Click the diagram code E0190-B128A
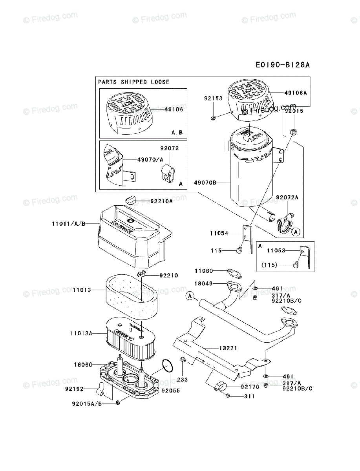[282, 65]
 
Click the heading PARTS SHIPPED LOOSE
[134, 82]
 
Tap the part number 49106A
[296, 93]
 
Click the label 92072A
[287, 197]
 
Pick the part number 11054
[219, 233]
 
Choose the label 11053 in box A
[276, 250]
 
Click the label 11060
[204, 270]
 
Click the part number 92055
[170, 391]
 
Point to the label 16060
[82, 365]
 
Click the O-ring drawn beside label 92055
[168, 367]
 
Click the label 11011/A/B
[68, 224]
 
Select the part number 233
[183, 380]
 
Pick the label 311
[249, 396]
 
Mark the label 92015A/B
[87, 403]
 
